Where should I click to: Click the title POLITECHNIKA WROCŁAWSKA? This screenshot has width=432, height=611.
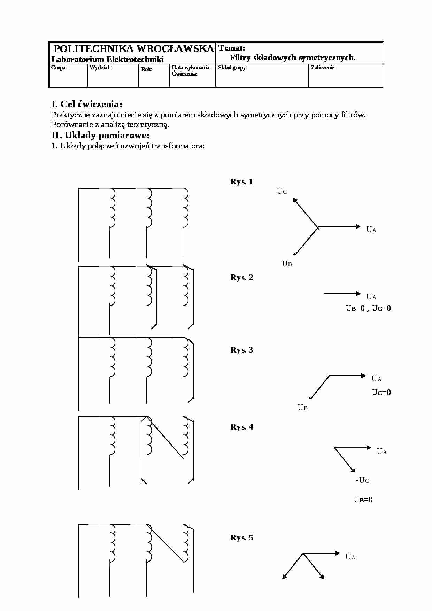click(x=134, y=49)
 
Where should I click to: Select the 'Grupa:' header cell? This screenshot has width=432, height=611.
click(x=59, y=68)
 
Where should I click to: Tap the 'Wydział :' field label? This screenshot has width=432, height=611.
click(x=101, y=68)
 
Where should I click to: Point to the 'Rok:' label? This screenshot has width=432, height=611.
click(x=147, y=69)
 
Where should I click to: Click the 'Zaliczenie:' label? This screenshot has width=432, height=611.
click(x=323, y=68)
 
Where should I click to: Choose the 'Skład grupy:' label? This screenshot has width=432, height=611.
click(x=233, y=68)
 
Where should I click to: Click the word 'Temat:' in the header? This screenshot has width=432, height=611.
click(x=232, y=48)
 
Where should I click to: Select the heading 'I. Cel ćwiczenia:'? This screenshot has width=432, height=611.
click(x=87, y=104)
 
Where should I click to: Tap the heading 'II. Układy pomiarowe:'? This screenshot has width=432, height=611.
click(x=100, y=135)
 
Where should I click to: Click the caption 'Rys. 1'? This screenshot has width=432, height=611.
click(x=242, y=181)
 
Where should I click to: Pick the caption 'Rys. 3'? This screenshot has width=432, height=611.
click(x=242, y=350)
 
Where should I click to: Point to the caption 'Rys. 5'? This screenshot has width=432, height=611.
click(x=242, y=537)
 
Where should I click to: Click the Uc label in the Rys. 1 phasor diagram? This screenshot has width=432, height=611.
click(x=282, y=191)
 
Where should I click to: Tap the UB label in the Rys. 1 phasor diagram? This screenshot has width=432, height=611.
click(x=287, y=264)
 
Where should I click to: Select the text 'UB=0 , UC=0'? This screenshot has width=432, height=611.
click(x=368, y=308)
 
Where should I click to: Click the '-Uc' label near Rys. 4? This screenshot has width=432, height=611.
click(x=362, y=480)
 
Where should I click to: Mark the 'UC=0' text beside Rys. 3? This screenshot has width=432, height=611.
click(x=381, y=393)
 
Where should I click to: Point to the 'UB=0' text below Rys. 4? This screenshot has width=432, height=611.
click(x=363, y=500)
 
